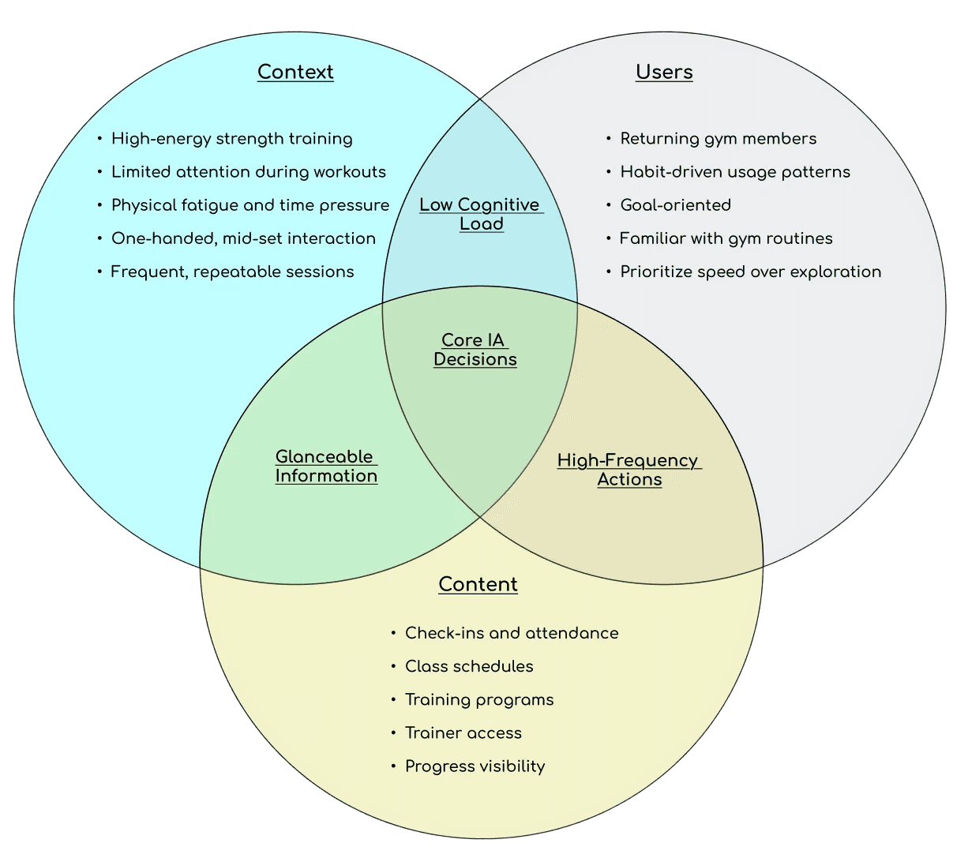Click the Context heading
click(295, 72)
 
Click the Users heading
click(664, 72)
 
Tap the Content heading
click(478, 584)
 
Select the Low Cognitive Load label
click(480, 214)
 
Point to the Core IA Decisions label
click(475, 350)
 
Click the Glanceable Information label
click(326, 466)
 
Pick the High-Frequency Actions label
click(628, 470)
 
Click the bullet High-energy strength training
click(231, 139)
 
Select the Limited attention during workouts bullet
click(248, 172)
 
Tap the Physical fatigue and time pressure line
click(250, 205)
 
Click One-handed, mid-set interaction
click(243, 238)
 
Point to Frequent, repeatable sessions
click(232, 272)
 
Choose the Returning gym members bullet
click(718, 139)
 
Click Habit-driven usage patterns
click(735, 172)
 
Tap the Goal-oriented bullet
click(675, 205)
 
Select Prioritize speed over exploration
click(750, 272)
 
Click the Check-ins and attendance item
click(511, 633)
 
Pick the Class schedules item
click(469, 666)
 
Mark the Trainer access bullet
click(463, 732)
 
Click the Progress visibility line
click(475, 766)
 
